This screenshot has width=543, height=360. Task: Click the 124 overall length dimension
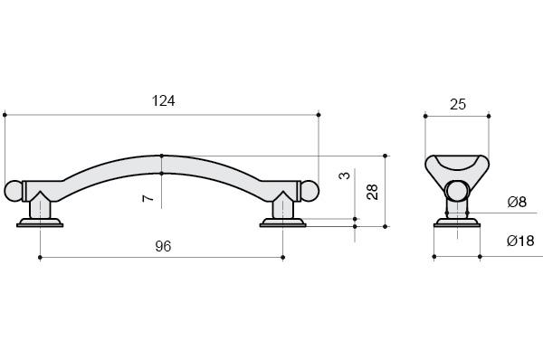pyautogui.click(x=164, y=100)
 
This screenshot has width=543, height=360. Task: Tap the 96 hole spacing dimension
pyautogui.click(x=163, y=246)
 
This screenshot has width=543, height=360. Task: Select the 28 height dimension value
pyautogui.click(x=372, y=192)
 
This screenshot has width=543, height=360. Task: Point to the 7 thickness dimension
pyautogui.click(x=148, y=198)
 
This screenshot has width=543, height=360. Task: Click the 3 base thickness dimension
pyautogui.click(x=344, y=175)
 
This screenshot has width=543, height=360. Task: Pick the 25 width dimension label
pyautogui.click(x=458, y=104)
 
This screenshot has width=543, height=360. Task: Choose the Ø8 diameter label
pyautogui.click(x=517, y=202)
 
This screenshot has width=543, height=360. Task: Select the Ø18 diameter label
pyautogui.click(x=520, y=241)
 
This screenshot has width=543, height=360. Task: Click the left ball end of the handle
pyautogui.click(x=14, y=190)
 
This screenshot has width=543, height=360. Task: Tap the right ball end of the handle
pyautogui.click(x=310, y=190)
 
